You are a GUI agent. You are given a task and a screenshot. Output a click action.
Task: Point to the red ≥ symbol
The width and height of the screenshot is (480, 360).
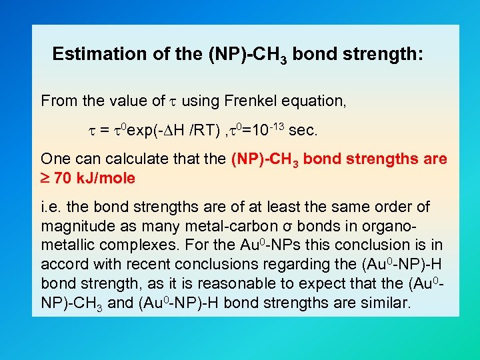tap(45, 179)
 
